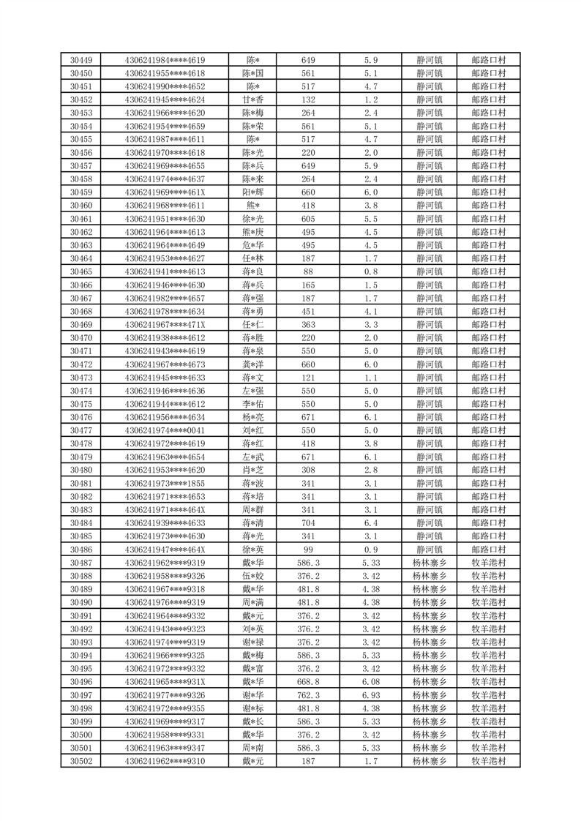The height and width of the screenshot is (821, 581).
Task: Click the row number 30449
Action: [80, 60]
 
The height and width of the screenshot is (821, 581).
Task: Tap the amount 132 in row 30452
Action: [308, 100]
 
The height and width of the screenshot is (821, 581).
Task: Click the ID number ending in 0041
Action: [165, 430]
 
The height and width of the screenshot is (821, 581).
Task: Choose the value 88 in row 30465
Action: [308, 271]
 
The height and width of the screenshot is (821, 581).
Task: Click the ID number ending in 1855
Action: [165, 483]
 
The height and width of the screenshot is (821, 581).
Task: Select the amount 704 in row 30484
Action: [308, 522]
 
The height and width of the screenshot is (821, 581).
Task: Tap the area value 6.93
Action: [371, 694]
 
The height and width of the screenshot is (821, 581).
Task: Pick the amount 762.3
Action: [308, 694]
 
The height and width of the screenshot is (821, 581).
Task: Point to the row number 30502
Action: [80, 761]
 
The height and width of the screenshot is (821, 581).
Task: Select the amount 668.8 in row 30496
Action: [308, 681]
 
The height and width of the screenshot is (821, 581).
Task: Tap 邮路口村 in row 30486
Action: [489, 549]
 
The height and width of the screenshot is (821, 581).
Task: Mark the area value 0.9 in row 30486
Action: [371, 549]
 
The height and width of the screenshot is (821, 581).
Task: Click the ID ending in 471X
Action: [165, 324]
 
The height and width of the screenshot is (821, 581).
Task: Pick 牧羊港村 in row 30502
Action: [489, 761]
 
